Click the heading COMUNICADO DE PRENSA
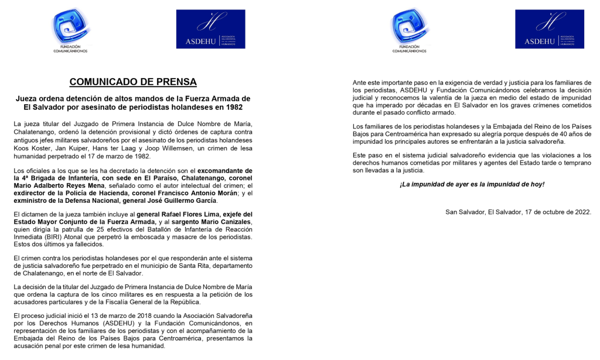[x=133, y=82]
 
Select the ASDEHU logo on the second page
[x=549, y=29]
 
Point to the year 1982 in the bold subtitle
[x=232, y=108]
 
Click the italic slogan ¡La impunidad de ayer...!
[x=472, y=184]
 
